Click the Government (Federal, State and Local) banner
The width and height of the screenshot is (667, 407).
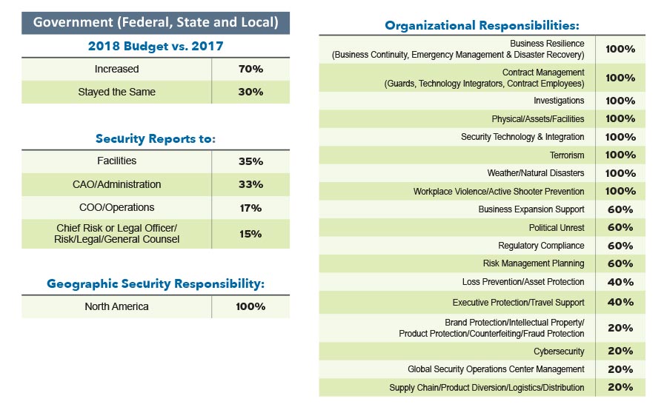pyautogui.click(x=156, y=22)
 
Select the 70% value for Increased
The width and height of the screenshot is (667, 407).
pyautogui.click(x=250, y=69)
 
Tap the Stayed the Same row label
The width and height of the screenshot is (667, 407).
pyautogui.click(x=117, y=92)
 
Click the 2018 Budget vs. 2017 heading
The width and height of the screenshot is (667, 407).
pyautogui.click(x=156, y=46)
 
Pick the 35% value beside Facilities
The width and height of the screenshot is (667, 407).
pyautogui.click(x=250, y=161)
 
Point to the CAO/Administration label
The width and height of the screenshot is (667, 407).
pyautogui.click(x=117, y=184)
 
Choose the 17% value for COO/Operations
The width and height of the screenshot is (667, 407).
pyautogui.click(x=250, y=208)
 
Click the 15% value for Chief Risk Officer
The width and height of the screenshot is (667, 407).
pyautogui.click(x=250, y=234)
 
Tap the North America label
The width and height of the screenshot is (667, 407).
pyautogui.click(x=116, y=306)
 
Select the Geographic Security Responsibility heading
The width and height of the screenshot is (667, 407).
pyautogui.click(x=156, y=283)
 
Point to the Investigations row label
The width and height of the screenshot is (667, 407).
pyautogui.click(x=559, y=101)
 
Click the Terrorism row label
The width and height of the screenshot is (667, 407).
pyautogui.click(x=566, y=155)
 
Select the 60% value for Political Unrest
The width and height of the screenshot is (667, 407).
pyautogui.click(x=620, y=227)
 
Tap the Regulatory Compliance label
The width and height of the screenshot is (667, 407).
pyautogui.click(x=541, y=246)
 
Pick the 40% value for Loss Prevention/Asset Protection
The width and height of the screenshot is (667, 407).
pyautogui.click(x=620, y=282)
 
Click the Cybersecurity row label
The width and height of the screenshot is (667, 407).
pyautogui.click(x=559, y=351)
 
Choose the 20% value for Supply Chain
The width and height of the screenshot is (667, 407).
pyautogui.click(x=620, y=387)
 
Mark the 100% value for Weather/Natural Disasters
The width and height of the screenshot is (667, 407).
pyautogui.click(x=620, y=173)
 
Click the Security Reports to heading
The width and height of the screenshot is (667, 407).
pyautogui.click(x=156, y=138)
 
